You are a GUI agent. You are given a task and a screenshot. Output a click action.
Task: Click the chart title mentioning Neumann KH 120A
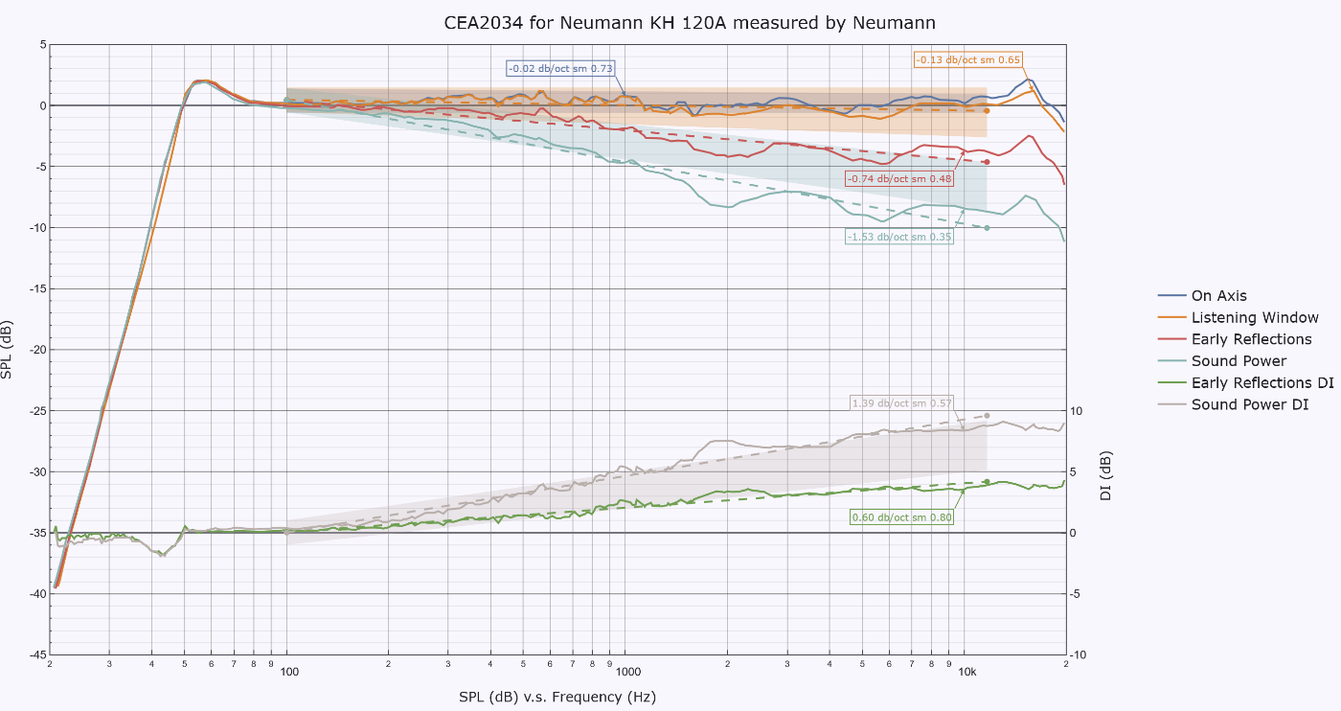(689, 23)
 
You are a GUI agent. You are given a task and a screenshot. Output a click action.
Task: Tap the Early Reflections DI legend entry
(1246, 382)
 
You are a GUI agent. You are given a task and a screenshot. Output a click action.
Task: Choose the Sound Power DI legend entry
(1234, 404)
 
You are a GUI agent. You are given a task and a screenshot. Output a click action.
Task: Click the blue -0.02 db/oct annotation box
(560, 68)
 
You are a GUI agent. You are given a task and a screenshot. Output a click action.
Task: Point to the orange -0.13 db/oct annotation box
(967, 60)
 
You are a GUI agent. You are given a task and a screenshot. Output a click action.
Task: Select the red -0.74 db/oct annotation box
(899, 178)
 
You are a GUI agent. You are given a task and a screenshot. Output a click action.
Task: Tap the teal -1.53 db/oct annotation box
(899, 237)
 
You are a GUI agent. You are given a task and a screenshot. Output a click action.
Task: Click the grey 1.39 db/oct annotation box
(901, 403)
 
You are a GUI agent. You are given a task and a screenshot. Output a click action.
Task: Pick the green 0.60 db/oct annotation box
(901, 517)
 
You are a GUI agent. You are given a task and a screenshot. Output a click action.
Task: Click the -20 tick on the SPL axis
(37, 350)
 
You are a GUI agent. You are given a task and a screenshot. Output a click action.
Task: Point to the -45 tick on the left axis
(37, 654)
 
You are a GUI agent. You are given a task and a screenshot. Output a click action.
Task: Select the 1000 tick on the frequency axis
(628, 672)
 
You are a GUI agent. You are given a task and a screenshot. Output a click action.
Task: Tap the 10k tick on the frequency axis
(967, 672)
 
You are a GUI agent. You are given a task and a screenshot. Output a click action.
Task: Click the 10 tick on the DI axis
(1076, 411)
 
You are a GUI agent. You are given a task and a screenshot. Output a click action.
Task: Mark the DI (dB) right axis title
(1105, 475)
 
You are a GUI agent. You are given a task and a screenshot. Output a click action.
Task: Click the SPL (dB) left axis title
(7, 350)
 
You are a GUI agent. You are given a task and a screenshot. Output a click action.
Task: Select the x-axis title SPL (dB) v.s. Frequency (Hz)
(557, 697)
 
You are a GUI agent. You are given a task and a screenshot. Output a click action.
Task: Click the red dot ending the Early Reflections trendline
(987, 162)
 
